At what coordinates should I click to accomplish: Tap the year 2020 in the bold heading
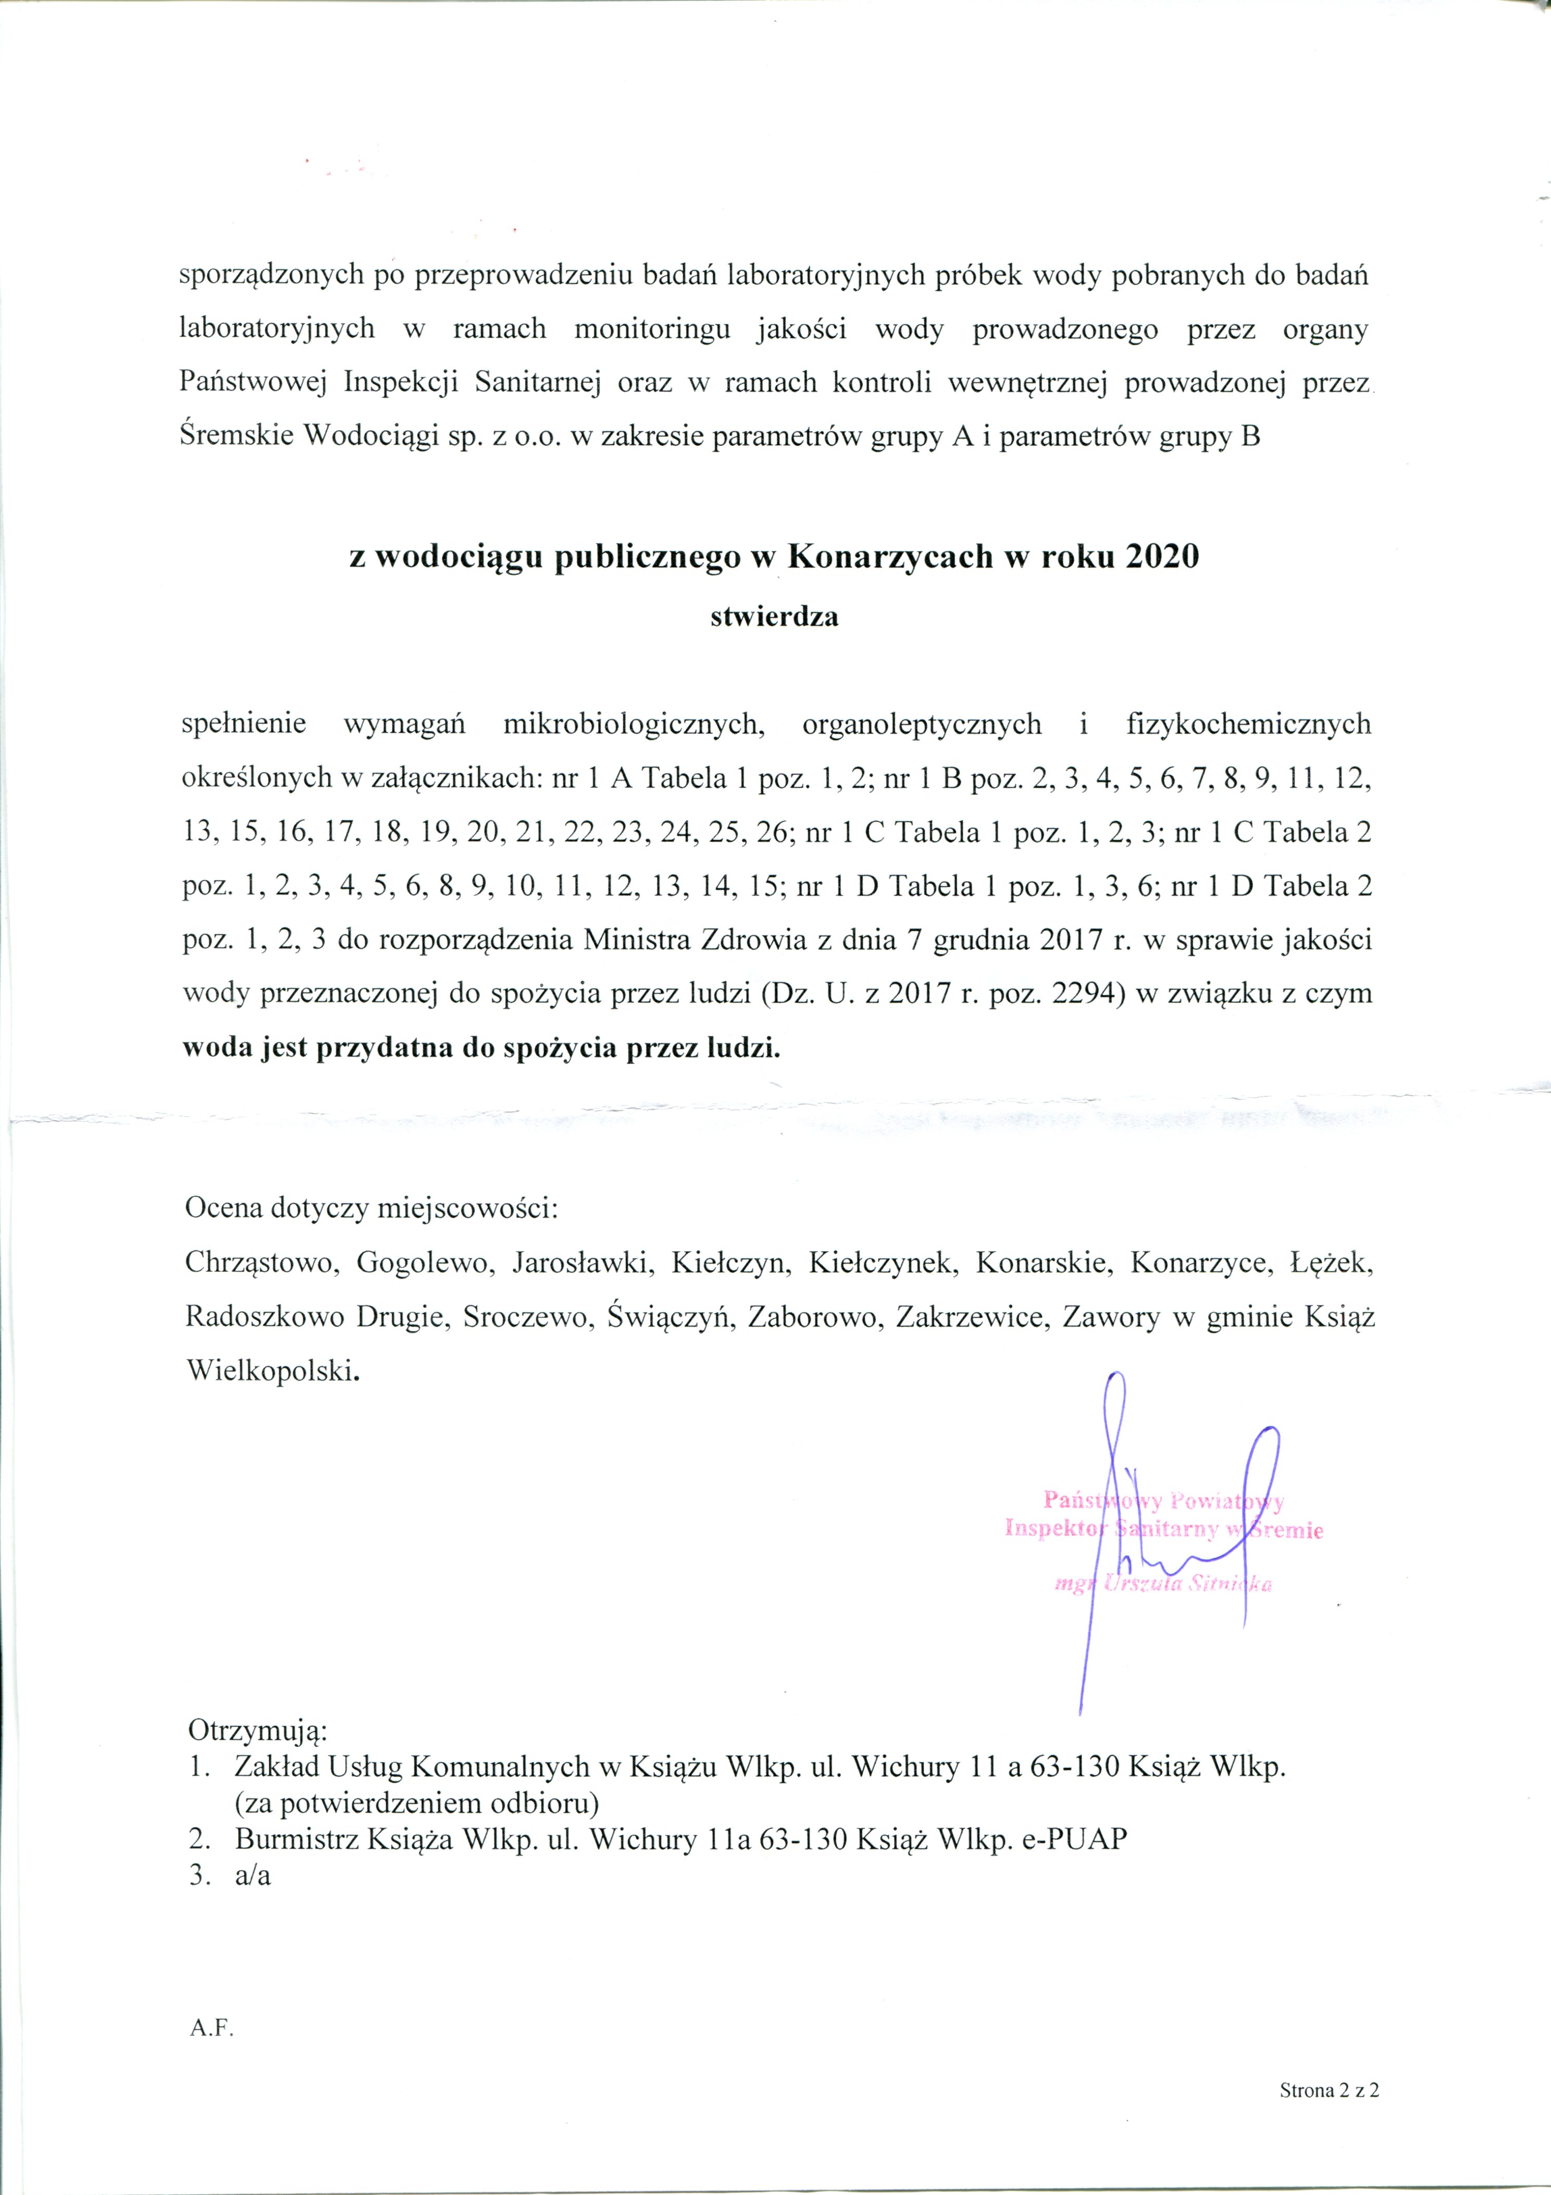1161,556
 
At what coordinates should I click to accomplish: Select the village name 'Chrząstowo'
262,1263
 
